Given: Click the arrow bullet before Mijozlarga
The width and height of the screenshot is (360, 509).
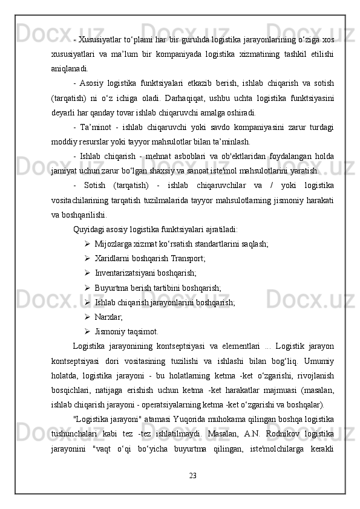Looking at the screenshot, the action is click(x=88, y=244).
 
